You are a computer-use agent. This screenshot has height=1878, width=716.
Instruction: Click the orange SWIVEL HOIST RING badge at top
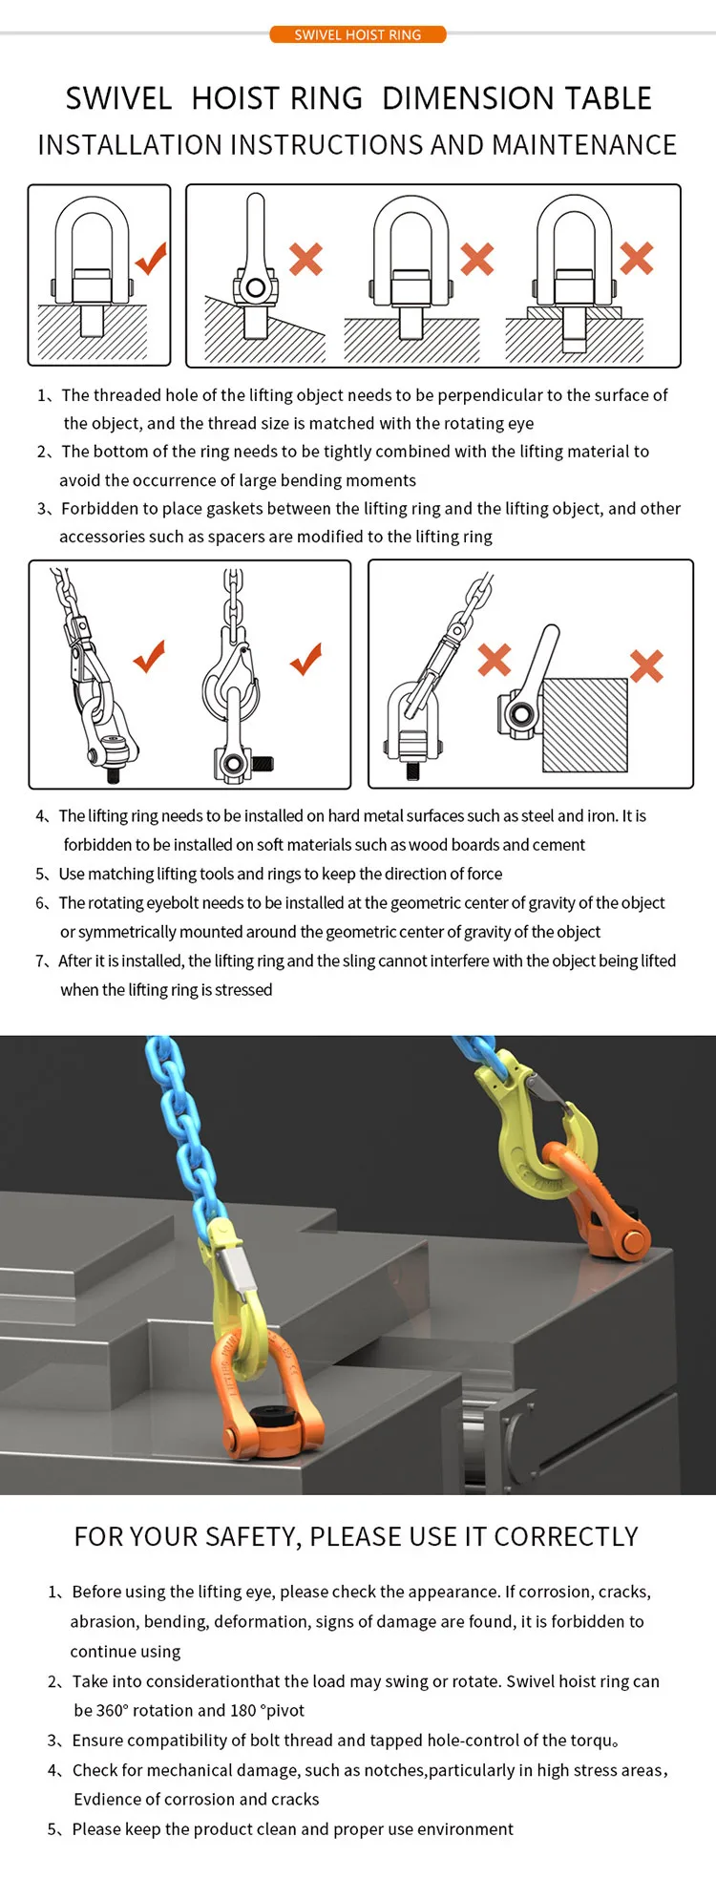(357, 35)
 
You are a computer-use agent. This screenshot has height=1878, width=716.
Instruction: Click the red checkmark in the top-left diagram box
(151, 258)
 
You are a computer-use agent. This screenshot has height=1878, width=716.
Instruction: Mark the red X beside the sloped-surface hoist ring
(305, 259)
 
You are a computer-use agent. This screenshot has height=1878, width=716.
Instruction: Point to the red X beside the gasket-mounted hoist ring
(637, 258)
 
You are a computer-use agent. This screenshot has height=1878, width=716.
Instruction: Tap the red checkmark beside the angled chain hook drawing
(149, 657)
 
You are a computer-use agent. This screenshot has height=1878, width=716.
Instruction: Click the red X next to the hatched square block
(646, 665)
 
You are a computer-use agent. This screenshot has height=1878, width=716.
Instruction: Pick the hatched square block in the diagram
(584, 725)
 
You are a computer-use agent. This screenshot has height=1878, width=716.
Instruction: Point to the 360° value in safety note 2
(112, 1711)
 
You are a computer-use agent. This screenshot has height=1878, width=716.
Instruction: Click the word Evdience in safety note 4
(106, 1800)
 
